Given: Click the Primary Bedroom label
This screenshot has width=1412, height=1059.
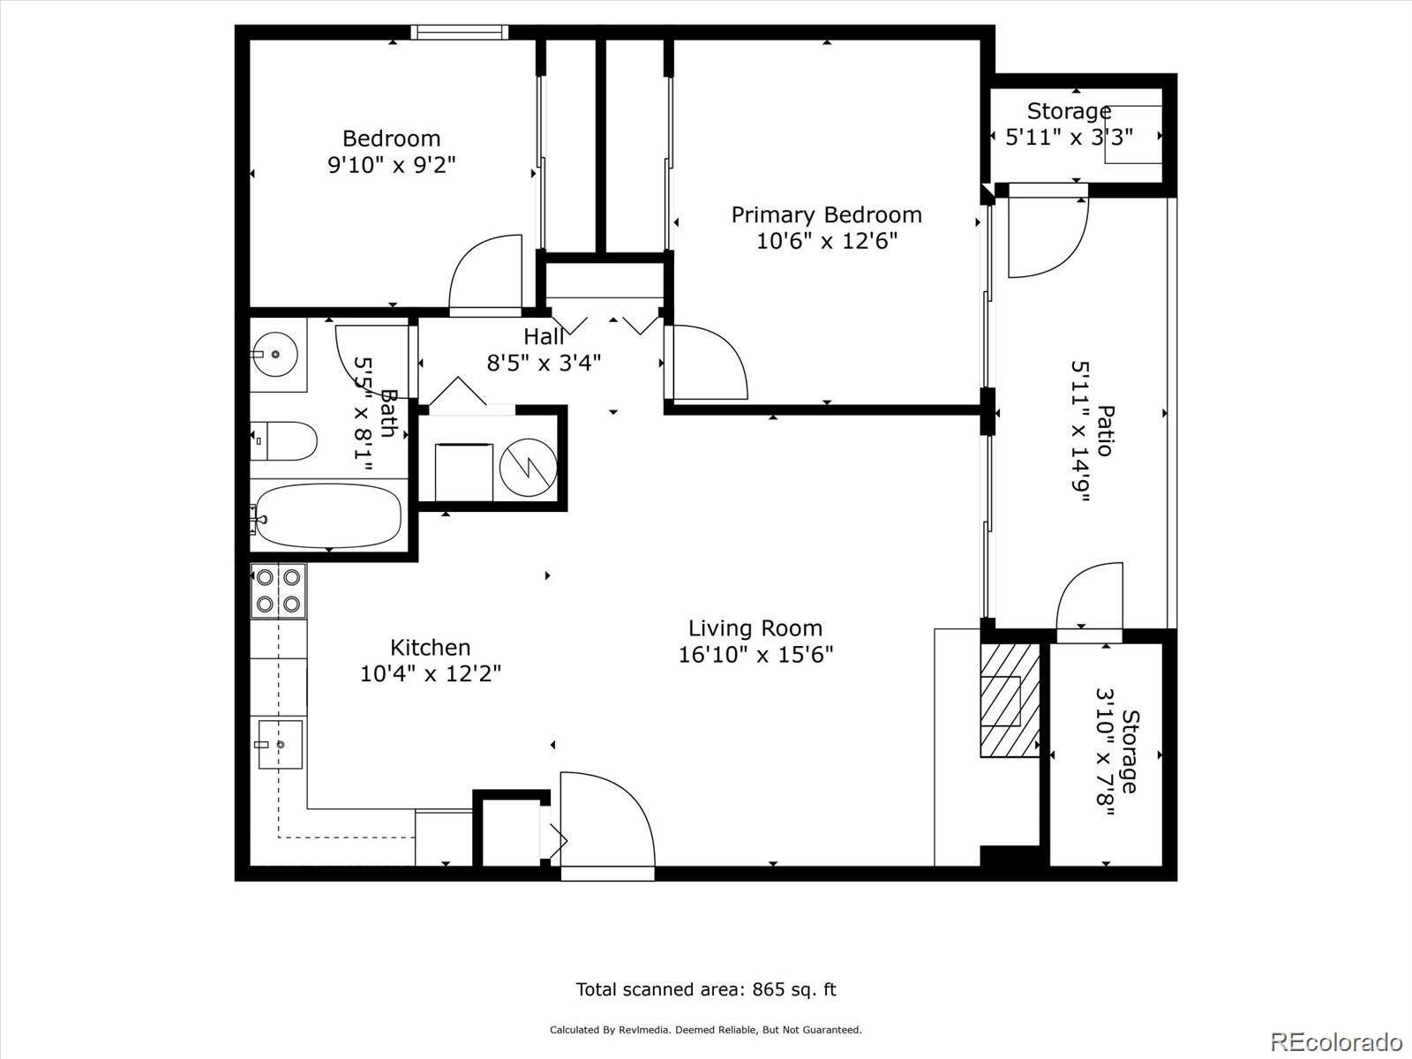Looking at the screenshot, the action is click(x=827, y=214).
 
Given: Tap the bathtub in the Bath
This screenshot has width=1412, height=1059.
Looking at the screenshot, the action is click(x=328, y=515).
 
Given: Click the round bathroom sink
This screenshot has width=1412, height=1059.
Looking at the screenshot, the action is click(x=274, y=354).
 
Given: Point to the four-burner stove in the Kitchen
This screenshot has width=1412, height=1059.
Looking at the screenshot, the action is click(x=278, y=590).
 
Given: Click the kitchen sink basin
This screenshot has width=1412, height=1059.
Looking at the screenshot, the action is click(x=281, y=745).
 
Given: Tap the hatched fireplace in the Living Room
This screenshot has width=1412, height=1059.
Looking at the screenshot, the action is click(x=1010, y=700).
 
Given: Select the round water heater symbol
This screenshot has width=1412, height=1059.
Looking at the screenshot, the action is click(x=528, y=468).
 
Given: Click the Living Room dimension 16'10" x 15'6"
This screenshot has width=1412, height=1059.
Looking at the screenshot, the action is click(x=755, y=655).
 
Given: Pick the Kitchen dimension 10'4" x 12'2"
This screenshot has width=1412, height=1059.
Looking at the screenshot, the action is click(x=431, y=674).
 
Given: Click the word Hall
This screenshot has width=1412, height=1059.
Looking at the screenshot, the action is click(x=544, y=336).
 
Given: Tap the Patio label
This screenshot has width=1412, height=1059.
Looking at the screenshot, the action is click(x=1105, y=431).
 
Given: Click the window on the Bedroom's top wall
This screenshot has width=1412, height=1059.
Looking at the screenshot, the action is click(x=459, y=32).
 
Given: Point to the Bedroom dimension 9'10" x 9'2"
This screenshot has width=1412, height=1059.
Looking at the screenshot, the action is click(x=392, y=165).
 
